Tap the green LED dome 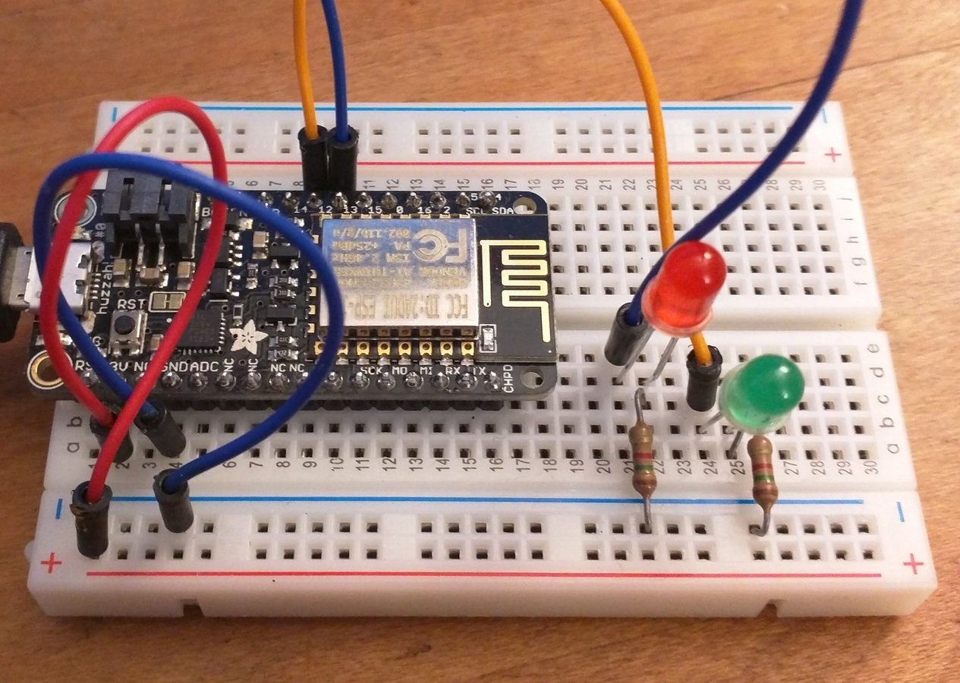(762, 392)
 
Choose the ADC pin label (203, 368)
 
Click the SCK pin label (372, 371)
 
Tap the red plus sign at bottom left (51, 563)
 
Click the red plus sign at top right (835, 154)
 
